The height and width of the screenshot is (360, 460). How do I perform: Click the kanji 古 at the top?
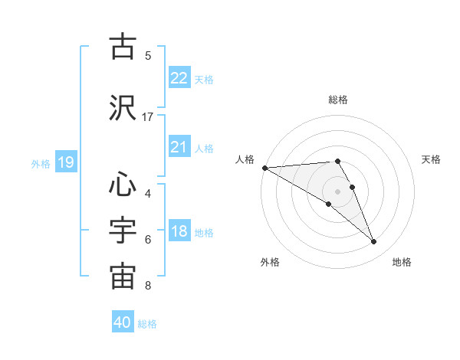point(123,47)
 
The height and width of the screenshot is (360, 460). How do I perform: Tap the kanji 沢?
point(123,107)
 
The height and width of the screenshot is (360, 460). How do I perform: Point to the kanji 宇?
point(123,231)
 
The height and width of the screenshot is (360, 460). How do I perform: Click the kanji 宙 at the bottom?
point(123,277)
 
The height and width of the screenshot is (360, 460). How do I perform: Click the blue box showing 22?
point(179,77)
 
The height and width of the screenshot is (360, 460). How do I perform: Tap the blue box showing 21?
point(179,147)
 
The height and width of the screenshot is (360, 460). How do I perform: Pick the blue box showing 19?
point(65,162)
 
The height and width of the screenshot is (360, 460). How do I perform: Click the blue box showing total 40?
point(122,322)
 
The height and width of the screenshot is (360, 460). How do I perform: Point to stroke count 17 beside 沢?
point(148,116)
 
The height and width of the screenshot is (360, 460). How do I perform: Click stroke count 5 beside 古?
point(148,56)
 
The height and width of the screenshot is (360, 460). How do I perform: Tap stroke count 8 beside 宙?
point(148,286)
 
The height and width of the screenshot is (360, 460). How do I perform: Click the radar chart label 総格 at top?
point(338,100)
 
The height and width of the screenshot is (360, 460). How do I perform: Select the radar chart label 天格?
point(432,159)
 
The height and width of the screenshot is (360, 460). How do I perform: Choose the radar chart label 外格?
point(269,262)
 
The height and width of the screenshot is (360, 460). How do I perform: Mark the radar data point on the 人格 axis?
point(264,168)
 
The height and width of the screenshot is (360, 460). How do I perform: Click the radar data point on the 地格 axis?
point(374,242)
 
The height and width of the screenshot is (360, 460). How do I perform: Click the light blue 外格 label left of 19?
point(41,163)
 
